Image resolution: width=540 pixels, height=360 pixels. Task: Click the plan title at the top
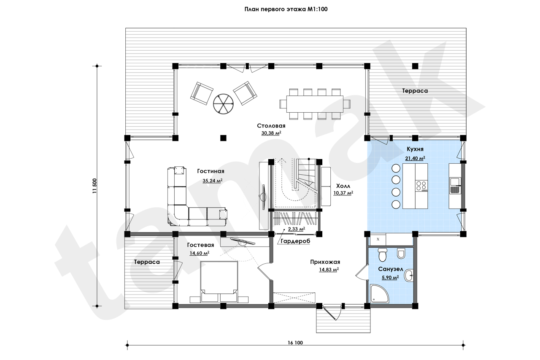pos(286,9)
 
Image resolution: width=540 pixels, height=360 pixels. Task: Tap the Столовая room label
pos(271,126)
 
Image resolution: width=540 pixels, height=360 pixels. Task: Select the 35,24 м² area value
pos(212,181)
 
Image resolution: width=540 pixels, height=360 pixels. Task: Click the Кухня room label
pos(415,149)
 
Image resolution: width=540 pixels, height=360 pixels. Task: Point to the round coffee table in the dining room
pos(223,104)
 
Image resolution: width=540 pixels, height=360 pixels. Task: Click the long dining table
pos(315,104)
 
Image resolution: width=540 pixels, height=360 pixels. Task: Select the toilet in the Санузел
pos(383,254)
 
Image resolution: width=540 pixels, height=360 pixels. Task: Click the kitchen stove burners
pos(421,186)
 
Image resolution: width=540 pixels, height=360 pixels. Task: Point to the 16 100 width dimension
pos(295,343)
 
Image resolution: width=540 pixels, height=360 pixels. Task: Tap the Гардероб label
pos(295,241)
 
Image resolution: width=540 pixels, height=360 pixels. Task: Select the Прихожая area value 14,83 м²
pos(329,270)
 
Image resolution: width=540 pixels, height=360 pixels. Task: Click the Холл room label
pos(343,186)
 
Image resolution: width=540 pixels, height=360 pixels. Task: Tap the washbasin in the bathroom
pos(408,275)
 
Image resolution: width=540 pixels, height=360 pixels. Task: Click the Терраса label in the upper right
pos(415,91)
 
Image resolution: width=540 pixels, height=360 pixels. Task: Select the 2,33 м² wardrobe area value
pos(296,229)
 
